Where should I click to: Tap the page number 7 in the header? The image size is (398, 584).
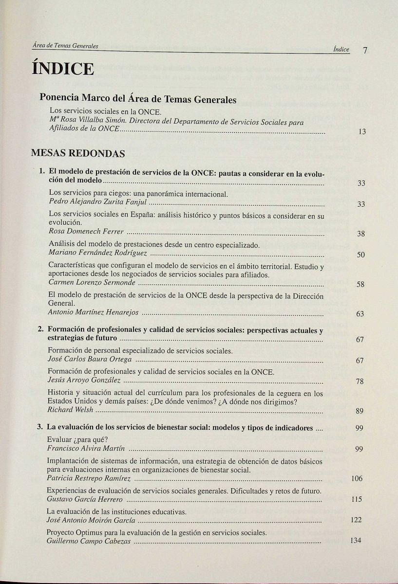pyautogui.click(x=364, y=50)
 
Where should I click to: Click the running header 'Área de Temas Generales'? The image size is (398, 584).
pyautogui.click(x=65, y=46)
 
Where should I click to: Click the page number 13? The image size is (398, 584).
pyautogui.click(x=362, y=132)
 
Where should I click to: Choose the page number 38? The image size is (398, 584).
pyautogui.click(x=360, y=234)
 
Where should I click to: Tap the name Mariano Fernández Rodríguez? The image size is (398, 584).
pyautogui.click(x=98, y=253)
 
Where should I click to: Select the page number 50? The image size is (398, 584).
pyautogui.click(x=360, y=255)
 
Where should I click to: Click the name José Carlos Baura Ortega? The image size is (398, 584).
pyautogui.click(x=90, y=360)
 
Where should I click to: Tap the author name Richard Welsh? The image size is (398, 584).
pyautogui.click(x=70, y=410)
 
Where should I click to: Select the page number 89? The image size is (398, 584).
pyautogui.click(x=360, y=411)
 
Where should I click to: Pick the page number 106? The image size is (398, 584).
pyautogui.click(x=357, y=479)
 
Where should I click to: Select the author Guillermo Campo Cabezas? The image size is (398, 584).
pyautogui.click(x=88, y=541)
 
